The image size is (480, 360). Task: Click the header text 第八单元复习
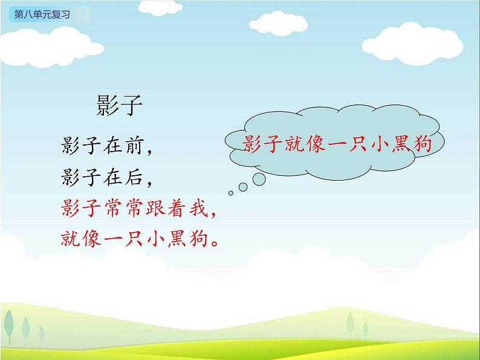[x=42, y=14]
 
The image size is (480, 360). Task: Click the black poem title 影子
[x=119, y=105]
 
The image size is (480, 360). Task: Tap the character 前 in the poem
[x=134, y=145]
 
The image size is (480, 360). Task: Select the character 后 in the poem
[x=134, y=177]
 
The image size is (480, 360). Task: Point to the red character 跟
[x=155, y=208]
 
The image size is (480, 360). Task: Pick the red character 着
[x=177, y=208]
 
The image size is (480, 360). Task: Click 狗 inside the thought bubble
[x=423, y=143]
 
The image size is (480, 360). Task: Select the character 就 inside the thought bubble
[x=294, y=143]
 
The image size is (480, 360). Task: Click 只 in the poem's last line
[x=134, y=238]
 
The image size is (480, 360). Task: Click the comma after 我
[x=213, y=213]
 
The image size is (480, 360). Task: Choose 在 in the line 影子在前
[x=113, y=145]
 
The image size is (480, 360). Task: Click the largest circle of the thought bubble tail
[x=259, y=179]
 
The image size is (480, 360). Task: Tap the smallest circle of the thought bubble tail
[x=231, y=193]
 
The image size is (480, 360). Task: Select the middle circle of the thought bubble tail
[x=243, y=187]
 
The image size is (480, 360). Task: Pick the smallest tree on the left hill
[x=41, y=334]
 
